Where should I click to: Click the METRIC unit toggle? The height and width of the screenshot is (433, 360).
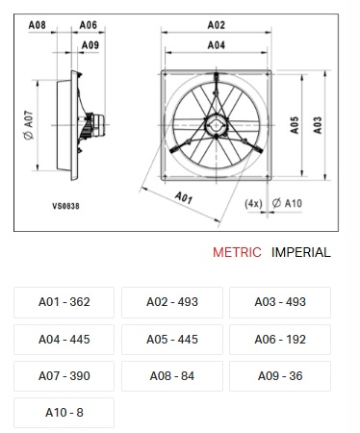pos(237,252)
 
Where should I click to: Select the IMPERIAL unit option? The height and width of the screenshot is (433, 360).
pos(300,252)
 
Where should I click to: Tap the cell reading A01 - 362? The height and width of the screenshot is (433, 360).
pos(64,302)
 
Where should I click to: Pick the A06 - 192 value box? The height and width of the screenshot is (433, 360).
pos(280,340)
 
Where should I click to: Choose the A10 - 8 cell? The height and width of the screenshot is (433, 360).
pos(64,413)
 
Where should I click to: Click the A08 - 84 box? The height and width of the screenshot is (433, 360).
pos(172,376)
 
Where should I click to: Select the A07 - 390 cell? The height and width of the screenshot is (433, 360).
pos(64,376)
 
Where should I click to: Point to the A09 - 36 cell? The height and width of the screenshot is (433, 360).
pos(280,376)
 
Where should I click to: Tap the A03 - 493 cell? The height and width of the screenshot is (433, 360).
pos(280,302)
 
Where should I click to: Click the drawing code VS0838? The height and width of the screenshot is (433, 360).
pos(65,206)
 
